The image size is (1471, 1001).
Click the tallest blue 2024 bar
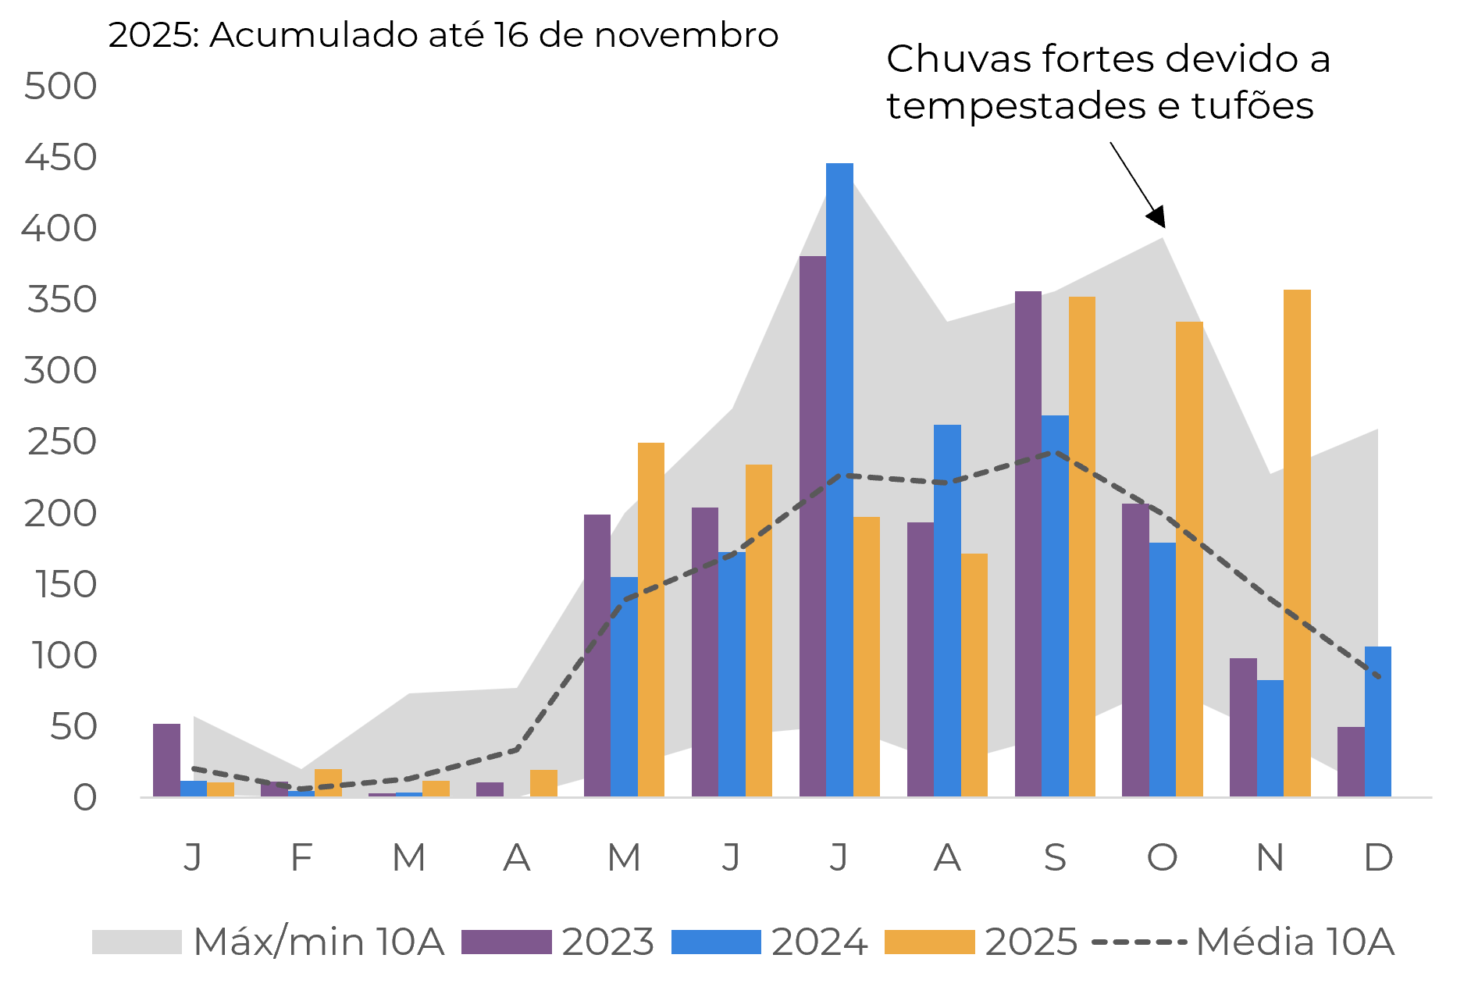(x=839, y=479)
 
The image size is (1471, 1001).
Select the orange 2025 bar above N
(x=1297, y=543)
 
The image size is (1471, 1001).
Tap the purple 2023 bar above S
(x=1028, y=543)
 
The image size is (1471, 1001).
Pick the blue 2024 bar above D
(x=1378, y=721)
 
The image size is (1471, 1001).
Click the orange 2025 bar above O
(x=1189, y=558)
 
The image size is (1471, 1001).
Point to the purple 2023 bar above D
(x=1351, y=761)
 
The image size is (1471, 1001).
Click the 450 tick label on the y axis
(x=61, y=158)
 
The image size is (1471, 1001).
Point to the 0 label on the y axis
(x=84, y=798)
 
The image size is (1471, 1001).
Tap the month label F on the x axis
(x=301, y=857)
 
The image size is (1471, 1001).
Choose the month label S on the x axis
(x=1055, y=857)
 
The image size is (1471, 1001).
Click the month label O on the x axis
(x=1162, y=857)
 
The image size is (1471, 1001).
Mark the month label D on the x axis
(x=1378, y=857)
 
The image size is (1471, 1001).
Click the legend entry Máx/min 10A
(x=319, y=942)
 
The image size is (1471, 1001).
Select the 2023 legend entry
(x=607, y=942)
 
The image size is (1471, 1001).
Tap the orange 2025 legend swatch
(x=929, y=942)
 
